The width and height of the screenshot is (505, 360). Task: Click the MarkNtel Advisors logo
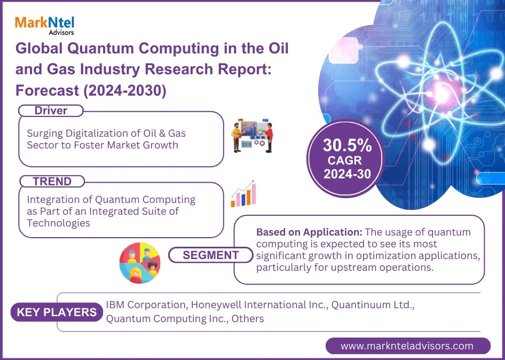tap(44, 25)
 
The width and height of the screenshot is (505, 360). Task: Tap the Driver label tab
tap(51, 111)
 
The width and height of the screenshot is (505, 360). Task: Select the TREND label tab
tap(52, 182)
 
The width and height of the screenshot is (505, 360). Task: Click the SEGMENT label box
tap(211, 255)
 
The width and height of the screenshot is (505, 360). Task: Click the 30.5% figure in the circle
tap(347, 145)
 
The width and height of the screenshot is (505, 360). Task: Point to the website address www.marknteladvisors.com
tap(407, 346)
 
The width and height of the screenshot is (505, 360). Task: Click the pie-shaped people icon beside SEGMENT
tap(140, 263)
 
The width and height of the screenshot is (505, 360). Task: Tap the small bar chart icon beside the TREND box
tap(243, 194)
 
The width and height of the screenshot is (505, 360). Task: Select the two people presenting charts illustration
tap(252, 136)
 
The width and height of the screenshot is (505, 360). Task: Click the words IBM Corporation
tap(146, 305)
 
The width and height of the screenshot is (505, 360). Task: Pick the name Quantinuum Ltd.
tap(373, 305)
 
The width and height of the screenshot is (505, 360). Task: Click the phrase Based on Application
tap(309, 232)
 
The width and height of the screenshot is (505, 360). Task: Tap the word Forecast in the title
tap(48, 91)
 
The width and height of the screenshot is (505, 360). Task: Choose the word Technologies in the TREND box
tap(58, 223)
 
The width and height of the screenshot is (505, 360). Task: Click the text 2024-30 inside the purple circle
tap(347, 174)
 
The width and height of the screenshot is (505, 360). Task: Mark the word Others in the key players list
tap(248, 319)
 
